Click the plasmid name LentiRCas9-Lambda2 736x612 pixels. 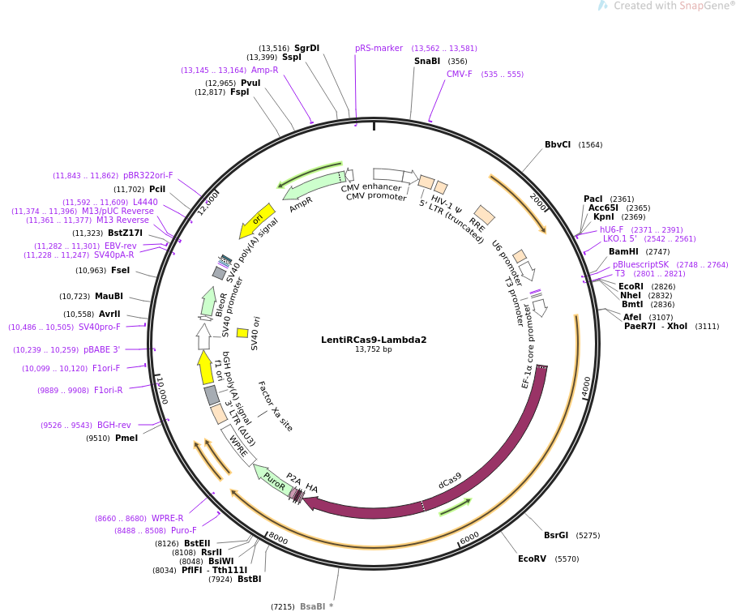(x=374, y=340)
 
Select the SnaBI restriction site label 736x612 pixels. (x=427, y=61)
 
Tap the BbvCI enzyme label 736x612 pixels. (x=558, y=144)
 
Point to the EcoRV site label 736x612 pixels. (x=532, y=559)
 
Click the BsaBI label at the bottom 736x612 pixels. (x=313, y=606)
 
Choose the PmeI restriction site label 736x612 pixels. (x=126, y=438)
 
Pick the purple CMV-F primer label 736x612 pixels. (x=460, y=74)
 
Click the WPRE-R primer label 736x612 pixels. (x=168, y=518)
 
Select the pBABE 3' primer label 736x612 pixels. (x=102, y=349)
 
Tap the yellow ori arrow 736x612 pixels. (x=257, y=220)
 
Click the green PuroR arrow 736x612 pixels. (x=273, y=479)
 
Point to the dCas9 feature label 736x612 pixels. (x=450, y=481)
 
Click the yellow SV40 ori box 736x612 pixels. (x=242, y=333)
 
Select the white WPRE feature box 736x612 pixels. (x=238, y=446)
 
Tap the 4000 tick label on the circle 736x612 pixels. (x=586, y=387)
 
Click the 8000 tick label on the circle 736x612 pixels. (x=278, y=539)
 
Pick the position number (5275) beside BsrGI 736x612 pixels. (x=588, y=536)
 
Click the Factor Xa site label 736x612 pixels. (x=276, y=406)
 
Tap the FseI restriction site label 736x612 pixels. (x=120, y=270)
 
